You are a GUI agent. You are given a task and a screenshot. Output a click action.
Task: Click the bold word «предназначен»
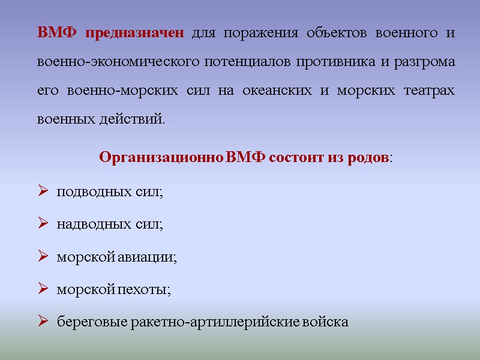coord(134,32)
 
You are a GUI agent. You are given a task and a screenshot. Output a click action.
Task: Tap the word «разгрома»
coord(424,61)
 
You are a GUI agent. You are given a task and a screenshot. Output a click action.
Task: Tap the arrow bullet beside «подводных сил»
coord(43,192)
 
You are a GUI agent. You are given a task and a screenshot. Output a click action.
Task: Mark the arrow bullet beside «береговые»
coord(43,322)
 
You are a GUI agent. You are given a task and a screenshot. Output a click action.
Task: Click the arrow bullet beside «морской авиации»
coord(43,257)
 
